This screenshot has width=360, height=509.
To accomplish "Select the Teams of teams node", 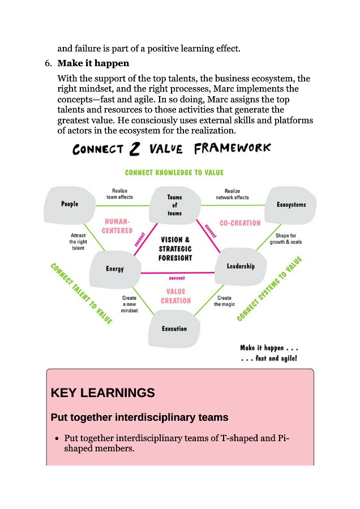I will tap(174, 205).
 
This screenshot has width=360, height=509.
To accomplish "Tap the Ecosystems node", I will tap(291, 205).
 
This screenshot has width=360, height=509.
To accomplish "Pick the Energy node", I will tap(115, 269).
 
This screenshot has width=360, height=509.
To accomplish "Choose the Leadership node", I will tap(241, 266).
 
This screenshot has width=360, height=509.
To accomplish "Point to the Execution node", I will tap(174, 329).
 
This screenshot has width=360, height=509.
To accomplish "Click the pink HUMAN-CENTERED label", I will tap(117, 226).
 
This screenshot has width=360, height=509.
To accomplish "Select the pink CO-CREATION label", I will tap(239, 223).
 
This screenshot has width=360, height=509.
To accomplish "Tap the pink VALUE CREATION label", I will tap(175, 296).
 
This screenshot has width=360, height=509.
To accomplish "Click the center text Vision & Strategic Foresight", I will tap(175, 249).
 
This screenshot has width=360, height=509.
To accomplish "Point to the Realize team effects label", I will tap(119, 195).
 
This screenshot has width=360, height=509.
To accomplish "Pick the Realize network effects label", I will tap(232, 195).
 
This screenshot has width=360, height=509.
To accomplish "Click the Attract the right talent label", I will tap(78, 241).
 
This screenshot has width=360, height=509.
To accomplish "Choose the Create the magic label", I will tap(225, 301).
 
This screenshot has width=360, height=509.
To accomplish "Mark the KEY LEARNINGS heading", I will tap(102, 392).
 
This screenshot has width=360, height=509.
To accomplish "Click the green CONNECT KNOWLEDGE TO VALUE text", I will tap(174, 172).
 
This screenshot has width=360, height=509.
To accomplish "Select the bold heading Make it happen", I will tap(93, 63).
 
